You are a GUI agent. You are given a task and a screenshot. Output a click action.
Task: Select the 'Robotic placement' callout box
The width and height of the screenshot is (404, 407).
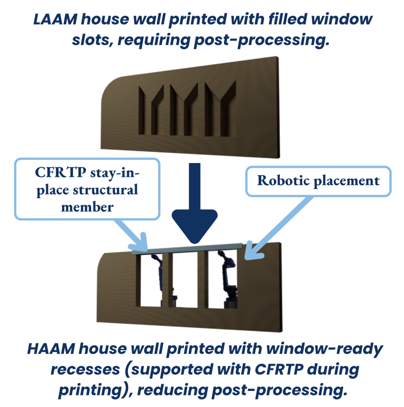(318, 181)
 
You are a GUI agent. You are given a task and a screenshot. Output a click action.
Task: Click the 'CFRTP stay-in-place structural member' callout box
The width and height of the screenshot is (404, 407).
(87, 188)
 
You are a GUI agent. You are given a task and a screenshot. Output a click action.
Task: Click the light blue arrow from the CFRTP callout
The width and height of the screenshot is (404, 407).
(127, 231)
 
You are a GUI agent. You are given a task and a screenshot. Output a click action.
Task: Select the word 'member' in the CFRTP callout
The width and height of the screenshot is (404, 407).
(87, 207)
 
